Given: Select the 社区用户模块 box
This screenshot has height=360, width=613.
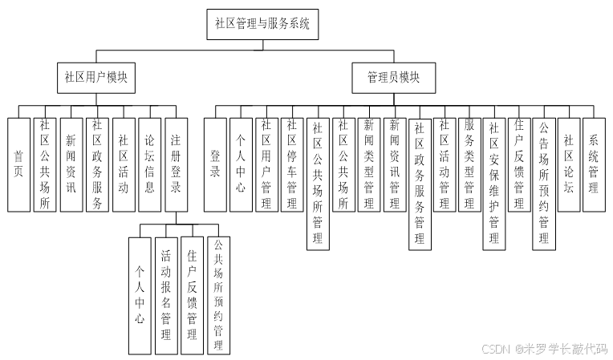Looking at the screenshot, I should coord(96,78).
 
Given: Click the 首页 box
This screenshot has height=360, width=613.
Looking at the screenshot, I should coord(18,164).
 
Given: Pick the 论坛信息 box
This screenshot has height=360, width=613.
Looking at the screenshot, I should coord(149,164).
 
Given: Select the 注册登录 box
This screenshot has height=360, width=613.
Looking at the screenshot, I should coord(176,164).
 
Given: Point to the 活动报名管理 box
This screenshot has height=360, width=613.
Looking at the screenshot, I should coord(165,294).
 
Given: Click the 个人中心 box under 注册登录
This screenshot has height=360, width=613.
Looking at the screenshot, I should coord(139,294).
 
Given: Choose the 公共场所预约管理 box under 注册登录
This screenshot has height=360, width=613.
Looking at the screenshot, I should coord(217,294).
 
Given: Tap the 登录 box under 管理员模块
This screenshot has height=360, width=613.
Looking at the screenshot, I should coord(215,164).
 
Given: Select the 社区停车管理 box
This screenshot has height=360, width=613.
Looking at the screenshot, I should coord(293,164).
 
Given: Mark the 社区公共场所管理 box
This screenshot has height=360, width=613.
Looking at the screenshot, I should coord(318,183).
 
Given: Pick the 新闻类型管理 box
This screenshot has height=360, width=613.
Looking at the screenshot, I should coord(369,164).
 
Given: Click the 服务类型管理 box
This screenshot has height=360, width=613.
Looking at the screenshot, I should coord(470,164).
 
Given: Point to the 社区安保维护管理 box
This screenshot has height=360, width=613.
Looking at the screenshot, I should coord(494,183).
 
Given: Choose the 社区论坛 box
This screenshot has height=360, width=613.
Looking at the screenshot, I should coord(569,164).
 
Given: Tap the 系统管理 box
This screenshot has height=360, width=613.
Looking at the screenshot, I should coord(594,164).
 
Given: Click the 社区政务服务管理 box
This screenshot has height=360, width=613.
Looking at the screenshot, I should coord(419,183).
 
